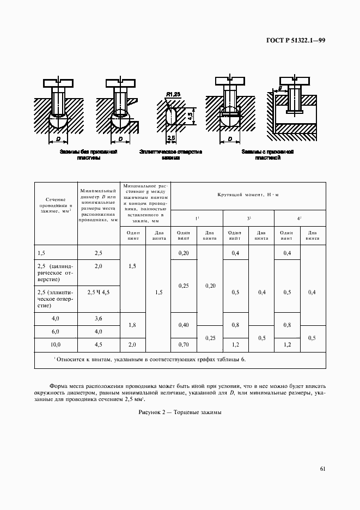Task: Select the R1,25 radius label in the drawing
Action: (173, 94)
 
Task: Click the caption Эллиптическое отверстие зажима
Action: (170, 155)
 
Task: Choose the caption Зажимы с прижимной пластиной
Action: (267, 155)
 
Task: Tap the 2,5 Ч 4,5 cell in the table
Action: (99, 292)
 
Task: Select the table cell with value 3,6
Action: (99, 318)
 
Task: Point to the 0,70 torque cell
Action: (184, 345)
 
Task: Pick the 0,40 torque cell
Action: (184, 325)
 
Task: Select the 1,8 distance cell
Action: (132, 325)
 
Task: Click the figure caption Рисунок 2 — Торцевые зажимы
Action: (180, 414)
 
